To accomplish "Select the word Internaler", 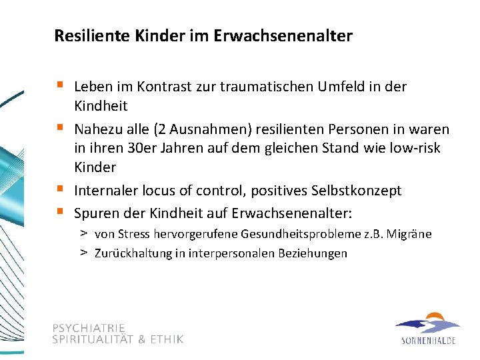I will tap(105, 191).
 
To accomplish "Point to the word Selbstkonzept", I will tap(357, 191).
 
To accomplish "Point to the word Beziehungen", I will tap(315, 253).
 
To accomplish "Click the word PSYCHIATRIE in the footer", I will tap(89, 328).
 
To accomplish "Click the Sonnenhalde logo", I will tap(428, 329).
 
